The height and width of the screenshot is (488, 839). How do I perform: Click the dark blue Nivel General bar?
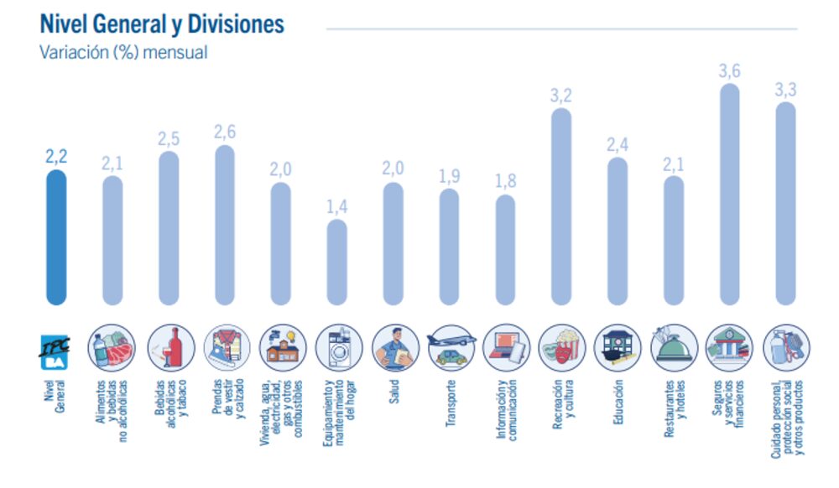(x=56, y=238)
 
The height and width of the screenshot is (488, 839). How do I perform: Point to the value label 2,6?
(x=225, y=132)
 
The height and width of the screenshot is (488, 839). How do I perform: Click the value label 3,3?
(x=785, y=90)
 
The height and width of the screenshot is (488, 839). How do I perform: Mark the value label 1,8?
(x=505, y=181)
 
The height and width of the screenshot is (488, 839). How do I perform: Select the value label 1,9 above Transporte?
(x=449, y=175)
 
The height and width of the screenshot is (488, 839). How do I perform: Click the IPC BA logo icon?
(x=55, y=348)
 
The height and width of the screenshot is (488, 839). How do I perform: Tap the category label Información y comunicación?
(x=506, y=411)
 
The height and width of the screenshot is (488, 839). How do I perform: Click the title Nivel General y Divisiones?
(x=162, y=24)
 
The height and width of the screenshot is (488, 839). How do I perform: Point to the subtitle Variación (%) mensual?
(x=123, y=52)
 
